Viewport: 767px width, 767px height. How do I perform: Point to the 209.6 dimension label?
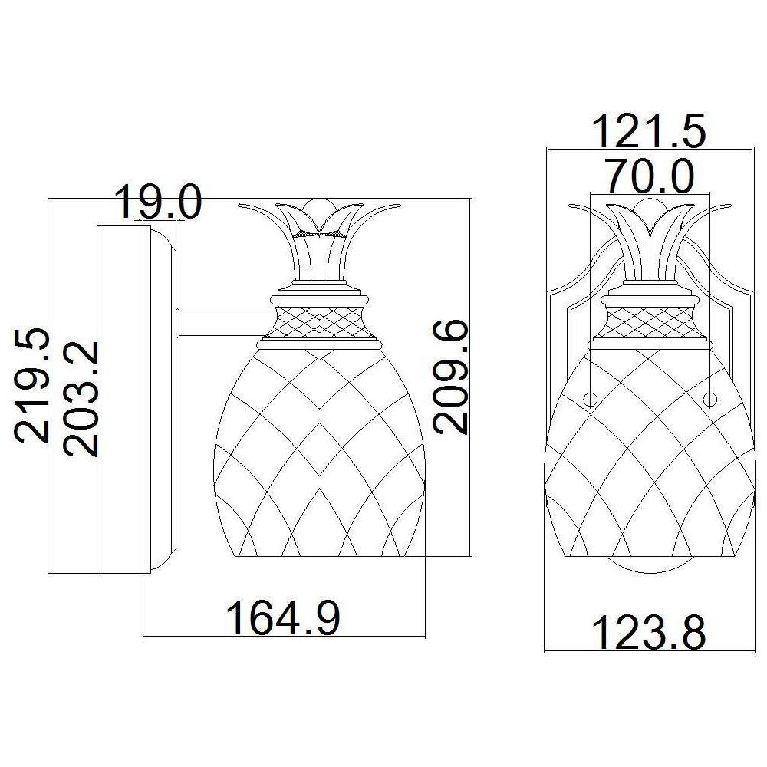pos(451,377)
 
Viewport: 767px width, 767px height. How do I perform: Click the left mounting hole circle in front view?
pos(590,398)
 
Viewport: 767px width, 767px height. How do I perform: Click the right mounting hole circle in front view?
pos(709,398)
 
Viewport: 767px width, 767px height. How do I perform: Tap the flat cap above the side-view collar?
pos(318,295)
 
